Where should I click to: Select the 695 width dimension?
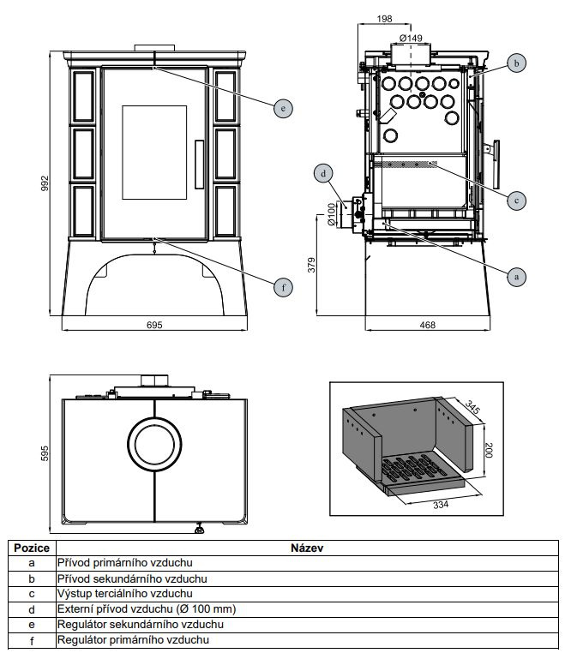click(154, 325)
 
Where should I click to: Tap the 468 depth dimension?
click(428, 325)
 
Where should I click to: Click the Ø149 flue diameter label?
click(412, 38)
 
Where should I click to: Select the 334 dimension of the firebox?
click(440, 505)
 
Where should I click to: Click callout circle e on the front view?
click(282, 108)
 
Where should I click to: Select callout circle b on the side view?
click(514, 63)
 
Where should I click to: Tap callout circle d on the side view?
click(323, 174)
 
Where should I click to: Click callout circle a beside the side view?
click(514, 276)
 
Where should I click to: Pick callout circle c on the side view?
click(514, 201)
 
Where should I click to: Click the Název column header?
click(306, 548)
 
